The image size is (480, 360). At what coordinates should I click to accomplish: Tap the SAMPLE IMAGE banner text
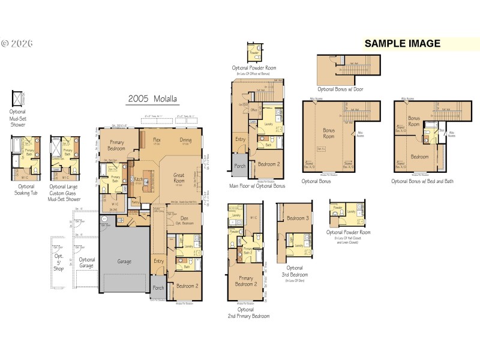click(402, 43)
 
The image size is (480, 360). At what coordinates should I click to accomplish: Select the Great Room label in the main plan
click(179, 178)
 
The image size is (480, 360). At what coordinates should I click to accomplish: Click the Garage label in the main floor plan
click(124, 262)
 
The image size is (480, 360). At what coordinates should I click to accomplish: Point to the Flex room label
click(156, 140)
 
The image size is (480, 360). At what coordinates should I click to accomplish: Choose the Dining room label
click(185, 140)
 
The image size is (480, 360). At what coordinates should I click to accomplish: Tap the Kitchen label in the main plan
click(137, 179)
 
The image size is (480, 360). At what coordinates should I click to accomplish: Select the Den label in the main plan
click(184, 218)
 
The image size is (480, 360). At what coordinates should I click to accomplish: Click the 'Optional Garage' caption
click(87, 263)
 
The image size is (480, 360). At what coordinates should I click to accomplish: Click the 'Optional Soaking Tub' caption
click(25, 190)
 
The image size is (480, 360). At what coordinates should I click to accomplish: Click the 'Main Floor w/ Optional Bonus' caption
click(257, 186)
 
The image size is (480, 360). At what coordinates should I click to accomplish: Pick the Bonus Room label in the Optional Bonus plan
click(329, 133)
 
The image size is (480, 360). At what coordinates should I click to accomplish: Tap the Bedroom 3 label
click(297, 218)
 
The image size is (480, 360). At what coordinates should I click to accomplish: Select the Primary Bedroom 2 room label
click(246, 281)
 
